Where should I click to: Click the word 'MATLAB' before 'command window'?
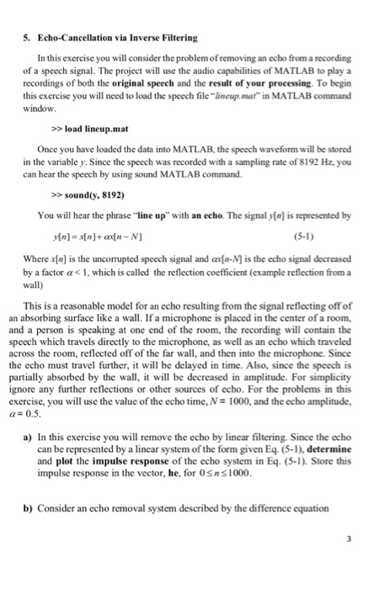tap(289, 100)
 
